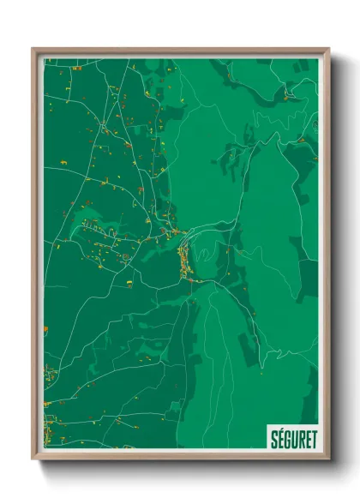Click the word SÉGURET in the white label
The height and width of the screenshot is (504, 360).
click(291, 435)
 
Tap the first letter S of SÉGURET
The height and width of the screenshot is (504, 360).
click(273, 435)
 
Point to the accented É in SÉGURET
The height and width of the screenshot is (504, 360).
click(279, 435)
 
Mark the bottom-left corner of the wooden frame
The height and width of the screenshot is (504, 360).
click(33, 459)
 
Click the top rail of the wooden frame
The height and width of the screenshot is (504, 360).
click(180, 50)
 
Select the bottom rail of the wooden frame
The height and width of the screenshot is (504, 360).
click(180, 458)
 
